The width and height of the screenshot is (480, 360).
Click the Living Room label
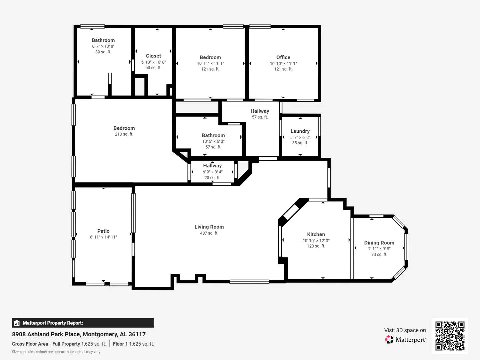209,227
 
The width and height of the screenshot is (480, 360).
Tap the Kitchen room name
316,234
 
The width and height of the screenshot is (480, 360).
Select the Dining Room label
379,243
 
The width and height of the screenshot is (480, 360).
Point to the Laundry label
300,131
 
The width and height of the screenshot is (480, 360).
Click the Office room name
283,57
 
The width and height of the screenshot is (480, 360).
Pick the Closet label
153,56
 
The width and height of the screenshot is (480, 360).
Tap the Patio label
103,231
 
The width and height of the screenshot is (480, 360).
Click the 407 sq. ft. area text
209,233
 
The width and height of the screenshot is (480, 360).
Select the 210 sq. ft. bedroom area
124,134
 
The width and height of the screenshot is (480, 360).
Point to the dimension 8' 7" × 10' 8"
103,46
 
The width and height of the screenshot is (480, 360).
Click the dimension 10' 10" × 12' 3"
316,241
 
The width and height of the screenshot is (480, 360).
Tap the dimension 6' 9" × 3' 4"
212,172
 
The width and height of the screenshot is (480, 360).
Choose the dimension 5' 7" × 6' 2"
300,137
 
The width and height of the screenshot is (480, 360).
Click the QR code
450,336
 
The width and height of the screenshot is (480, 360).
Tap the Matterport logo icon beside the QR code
389,340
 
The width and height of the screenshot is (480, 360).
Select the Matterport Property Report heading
53,323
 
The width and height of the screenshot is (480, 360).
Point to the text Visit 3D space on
405,330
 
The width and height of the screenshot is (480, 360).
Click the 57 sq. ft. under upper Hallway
260,117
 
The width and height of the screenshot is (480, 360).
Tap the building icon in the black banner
17,323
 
